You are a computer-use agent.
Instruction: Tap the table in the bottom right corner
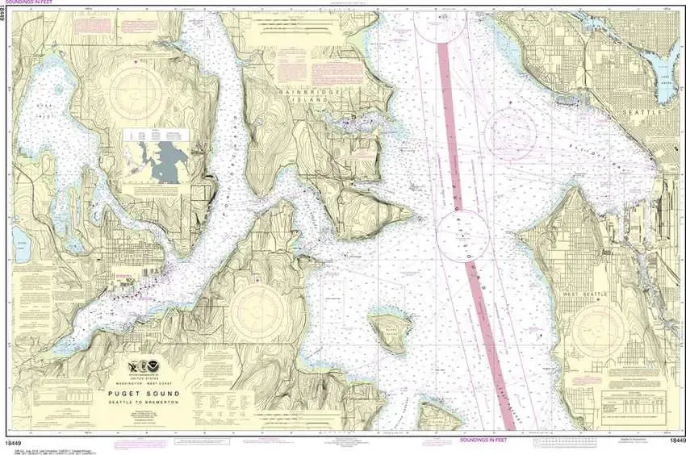[x=633, y=401]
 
